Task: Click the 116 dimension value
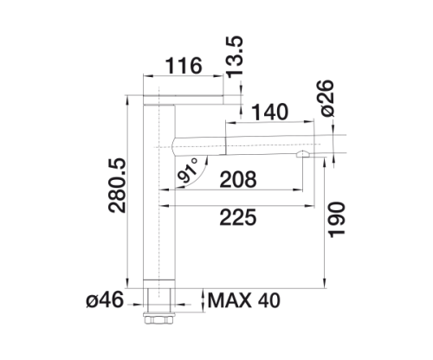coord(184,66)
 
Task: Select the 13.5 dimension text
coord(234,57)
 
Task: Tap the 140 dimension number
coord(269,112)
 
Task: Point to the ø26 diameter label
coord(326,99)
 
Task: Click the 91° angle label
coord(188,171)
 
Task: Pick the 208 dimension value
coord(238,179)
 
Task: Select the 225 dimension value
coord(238,217)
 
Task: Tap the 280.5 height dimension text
coord(117,185)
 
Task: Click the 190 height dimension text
coord(337,220)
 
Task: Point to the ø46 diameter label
coord(105,300)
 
